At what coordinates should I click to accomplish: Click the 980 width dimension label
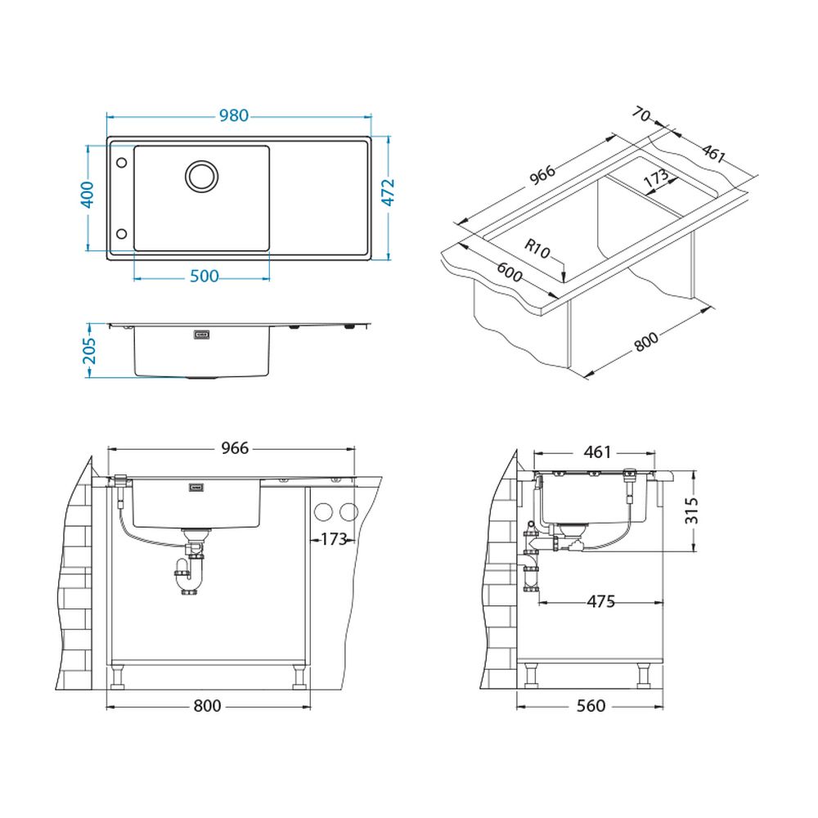pos(233,115)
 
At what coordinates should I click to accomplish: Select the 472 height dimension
pos(388,192)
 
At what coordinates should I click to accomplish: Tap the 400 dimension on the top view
pos(88,195)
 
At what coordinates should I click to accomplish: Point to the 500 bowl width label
pos(204,276)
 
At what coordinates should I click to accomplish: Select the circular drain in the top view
pos(201,175)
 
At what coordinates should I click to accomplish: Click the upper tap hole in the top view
pos(122,163)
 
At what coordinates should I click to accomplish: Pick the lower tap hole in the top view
pos(122,233)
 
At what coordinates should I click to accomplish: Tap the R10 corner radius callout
pos(537,249)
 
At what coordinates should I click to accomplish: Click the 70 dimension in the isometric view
pos(641,114)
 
